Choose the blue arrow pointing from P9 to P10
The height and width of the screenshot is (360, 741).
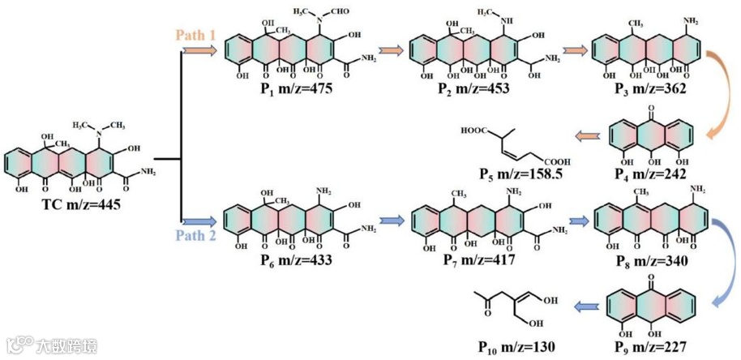[589, 305]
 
